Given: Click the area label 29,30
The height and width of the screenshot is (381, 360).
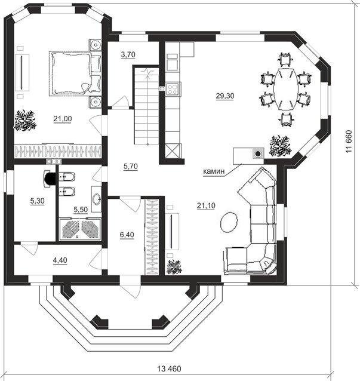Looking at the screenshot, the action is [x=225, y=96].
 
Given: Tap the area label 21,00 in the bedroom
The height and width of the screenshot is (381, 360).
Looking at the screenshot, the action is [x=63, y=119].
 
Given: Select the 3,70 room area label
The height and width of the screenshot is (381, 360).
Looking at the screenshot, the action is [x=128, y=55].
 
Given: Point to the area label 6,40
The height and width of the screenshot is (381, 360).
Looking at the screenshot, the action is [x=127, y=235].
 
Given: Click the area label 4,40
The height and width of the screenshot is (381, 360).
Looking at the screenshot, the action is [x=60, y=260].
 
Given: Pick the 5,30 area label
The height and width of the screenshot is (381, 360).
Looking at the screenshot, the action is [x=38, y=201].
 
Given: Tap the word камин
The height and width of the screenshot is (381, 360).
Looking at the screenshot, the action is [x=214, y=171].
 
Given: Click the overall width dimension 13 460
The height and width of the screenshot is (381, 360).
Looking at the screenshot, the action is [x=170, y=368].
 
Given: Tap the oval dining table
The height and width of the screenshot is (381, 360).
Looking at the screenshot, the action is [x=285, y=89].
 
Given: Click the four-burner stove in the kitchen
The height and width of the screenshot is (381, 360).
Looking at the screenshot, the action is [x=173, y=89].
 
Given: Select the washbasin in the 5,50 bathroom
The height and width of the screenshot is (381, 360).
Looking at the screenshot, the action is [x=97, y=199].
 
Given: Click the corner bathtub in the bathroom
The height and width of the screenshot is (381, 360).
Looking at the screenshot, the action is [x=80, y=229].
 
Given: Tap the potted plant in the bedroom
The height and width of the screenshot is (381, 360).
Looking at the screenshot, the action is [x=25, y=120].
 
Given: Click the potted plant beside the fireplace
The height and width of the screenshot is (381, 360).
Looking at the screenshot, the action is [x=280, y=146].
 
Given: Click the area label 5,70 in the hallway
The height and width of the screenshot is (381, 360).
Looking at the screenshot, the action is [x=130, y=167].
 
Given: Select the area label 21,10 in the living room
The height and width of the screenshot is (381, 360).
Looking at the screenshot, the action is [x=206, y=206].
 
